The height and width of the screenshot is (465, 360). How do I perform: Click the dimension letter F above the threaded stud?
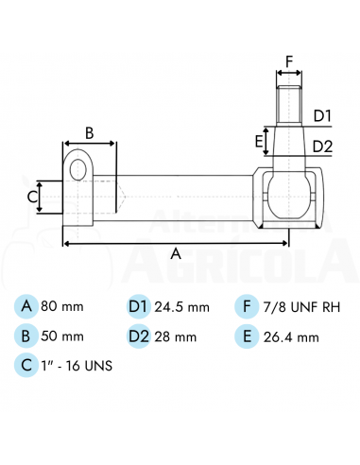click(x=289, y=61)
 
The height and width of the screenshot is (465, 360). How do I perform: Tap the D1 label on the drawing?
click(x=322, y=116)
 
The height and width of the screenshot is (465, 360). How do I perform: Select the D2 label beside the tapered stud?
click(x=322, y=146)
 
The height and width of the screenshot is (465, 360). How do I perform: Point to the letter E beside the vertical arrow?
click(x=259, y=142)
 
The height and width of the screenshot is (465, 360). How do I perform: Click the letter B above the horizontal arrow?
click(x=90, y=133)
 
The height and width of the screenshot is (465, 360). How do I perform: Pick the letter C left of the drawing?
click(x=32, y=198)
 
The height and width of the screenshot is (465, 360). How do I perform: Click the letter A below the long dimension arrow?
click(x=176, y=253)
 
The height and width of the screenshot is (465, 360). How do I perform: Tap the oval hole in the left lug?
click(x=78, y=169)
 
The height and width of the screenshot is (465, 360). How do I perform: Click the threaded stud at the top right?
click(x=289, y=105)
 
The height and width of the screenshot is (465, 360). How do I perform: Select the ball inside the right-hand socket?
click(x=289, y=196)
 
